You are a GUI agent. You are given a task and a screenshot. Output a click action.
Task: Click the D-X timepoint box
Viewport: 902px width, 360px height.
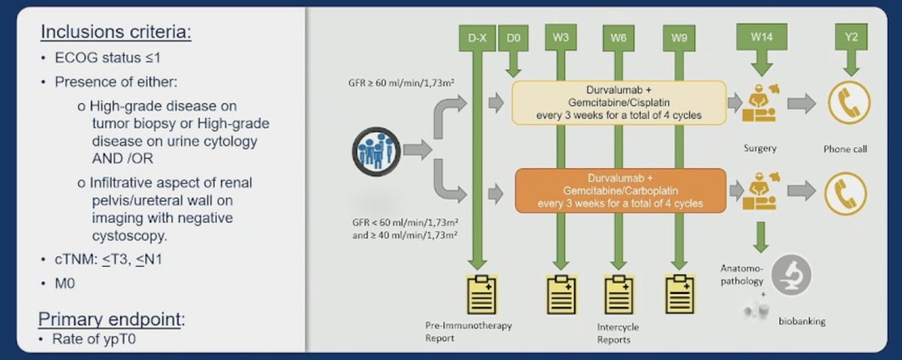[477, 38]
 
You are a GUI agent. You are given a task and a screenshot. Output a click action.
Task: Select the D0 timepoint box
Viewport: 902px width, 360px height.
[513, 38]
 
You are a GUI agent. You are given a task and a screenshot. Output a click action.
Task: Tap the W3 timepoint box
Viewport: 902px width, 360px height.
[561, 38]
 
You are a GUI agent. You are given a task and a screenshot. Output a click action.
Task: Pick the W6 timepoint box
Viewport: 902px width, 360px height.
[619, 38]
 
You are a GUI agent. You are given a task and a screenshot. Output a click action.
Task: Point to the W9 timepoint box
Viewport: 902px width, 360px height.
[679, 38]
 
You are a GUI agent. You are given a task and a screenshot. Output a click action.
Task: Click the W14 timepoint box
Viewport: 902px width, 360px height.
[762, 37]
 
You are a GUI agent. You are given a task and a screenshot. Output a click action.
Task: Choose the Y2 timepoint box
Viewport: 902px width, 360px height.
[851, 37]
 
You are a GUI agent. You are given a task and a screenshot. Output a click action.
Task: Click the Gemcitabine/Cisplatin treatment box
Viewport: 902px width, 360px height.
[619, 103]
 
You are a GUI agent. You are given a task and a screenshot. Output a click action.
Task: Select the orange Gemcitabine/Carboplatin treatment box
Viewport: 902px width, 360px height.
[621, 190]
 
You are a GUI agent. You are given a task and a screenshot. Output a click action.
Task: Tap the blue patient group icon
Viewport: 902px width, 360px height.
[376, 151]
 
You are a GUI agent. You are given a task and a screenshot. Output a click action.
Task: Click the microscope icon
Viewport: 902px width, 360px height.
[792, 274]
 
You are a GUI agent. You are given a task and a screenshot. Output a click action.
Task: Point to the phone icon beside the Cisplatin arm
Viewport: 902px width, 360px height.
[849, 102]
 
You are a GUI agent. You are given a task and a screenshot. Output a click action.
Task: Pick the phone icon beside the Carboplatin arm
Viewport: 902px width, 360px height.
[846, 193]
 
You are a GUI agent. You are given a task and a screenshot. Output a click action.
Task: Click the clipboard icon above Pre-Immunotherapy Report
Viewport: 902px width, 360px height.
[482, 295]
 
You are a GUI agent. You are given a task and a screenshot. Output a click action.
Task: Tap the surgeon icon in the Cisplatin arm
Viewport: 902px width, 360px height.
[761, 103]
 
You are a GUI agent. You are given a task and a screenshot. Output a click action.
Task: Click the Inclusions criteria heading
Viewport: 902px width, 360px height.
[116, 32]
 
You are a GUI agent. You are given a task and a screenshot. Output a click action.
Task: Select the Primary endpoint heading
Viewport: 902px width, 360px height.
[111, 319]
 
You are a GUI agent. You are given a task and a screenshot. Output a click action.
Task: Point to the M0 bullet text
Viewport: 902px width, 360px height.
[65, 283]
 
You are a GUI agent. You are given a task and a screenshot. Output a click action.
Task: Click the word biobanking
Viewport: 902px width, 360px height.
[802, 321]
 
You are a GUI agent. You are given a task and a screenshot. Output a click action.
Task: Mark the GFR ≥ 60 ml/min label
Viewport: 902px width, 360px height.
[401, 83]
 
